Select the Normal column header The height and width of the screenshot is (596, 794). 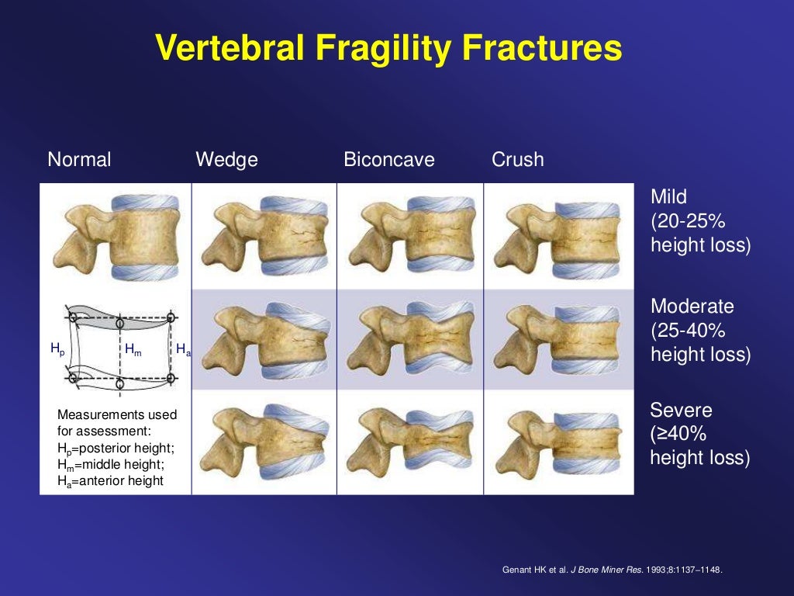pyautogui.click(x=79, y=160)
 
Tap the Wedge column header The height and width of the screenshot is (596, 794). pyautogui.click(x=226, y=160)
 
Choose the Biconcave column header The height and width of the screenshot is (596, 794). pyautogui.click(x=389, y=160)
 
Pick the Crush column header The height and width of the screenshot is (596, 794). pyautogui.click(x=517, y=160)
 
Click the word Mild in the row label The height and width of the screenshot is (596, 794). pyautogui.click(x=668, y=197)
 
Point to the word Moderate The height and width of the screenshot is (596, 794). pyautogui.click(x=692, y=307)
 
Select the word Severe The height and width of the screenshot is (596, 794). pyautogui.click(x=681, y=410)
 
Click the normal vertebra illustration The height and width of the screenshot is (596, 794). pyautogui.click(x=116, y=237)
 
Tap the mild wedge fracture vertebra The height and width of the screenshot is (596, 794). pyautogui.click(x=264, y=237)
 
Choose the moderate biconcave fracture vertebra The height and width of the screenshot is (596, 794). pyautogui.click(x=409, y=340)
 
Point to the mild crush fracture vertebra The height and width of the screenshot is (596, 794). pyautogui.click(x=558, y=237)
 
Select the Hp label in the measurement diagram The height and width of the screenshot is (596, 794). pyautogui.click(x=57, y=350)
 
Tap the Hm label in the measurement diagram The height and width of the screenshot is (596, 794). pyautogui.click(x=133, y=350)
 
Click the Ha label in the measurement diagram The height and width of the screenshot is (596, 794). pyautogui.click(x=183, y=350)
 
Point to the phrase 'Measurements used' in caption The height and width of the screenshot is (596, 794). pyautogui.click(x=117, y=414)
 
